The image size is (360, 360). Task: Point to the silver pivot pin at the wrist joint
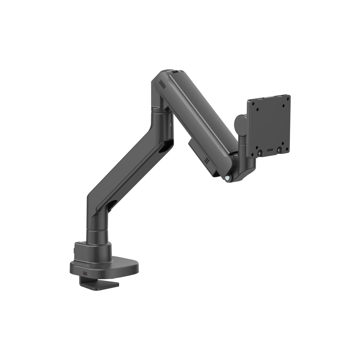click(229, 178)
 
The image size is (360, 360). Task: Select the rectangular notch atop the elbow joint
click(175, 72)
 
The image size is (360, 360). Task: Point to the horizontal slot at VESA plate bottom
click(269, 150)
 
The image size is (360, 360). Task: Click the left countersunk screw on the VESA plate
click(259, 153)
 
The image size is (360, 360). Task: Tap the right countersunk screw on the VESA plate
click(279, 150)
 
